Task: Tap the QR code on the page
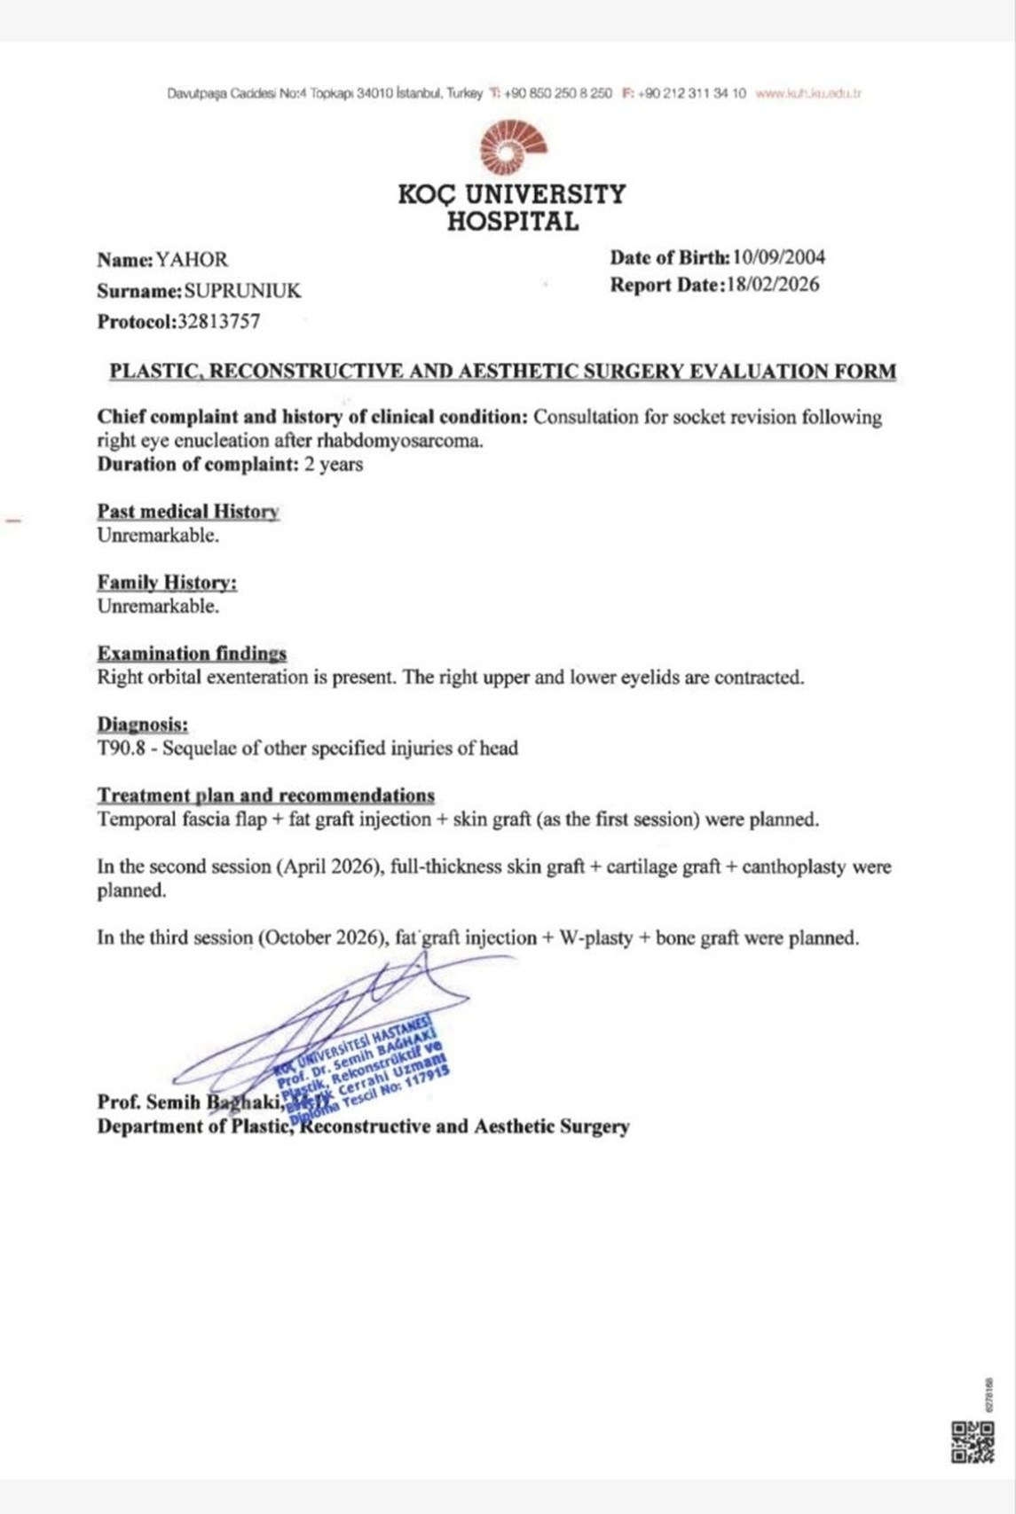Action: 973,1442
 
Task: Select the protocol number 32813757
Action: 219,322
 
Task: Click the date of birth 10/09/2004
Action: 779,258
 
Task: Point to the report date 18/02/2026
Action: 772,286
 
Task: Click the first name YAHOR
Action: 193,260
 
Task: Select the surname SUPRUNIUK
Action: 242,291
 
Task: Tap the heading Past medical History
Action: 188,512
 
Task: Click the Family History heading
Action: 167,583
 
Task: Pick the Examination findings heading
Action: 192,654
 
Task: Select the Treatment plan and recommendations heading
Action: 266,796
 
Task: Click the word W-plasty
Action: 595,938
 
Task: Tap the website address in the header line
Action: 808,93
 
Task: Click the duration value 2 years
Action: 334,465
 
